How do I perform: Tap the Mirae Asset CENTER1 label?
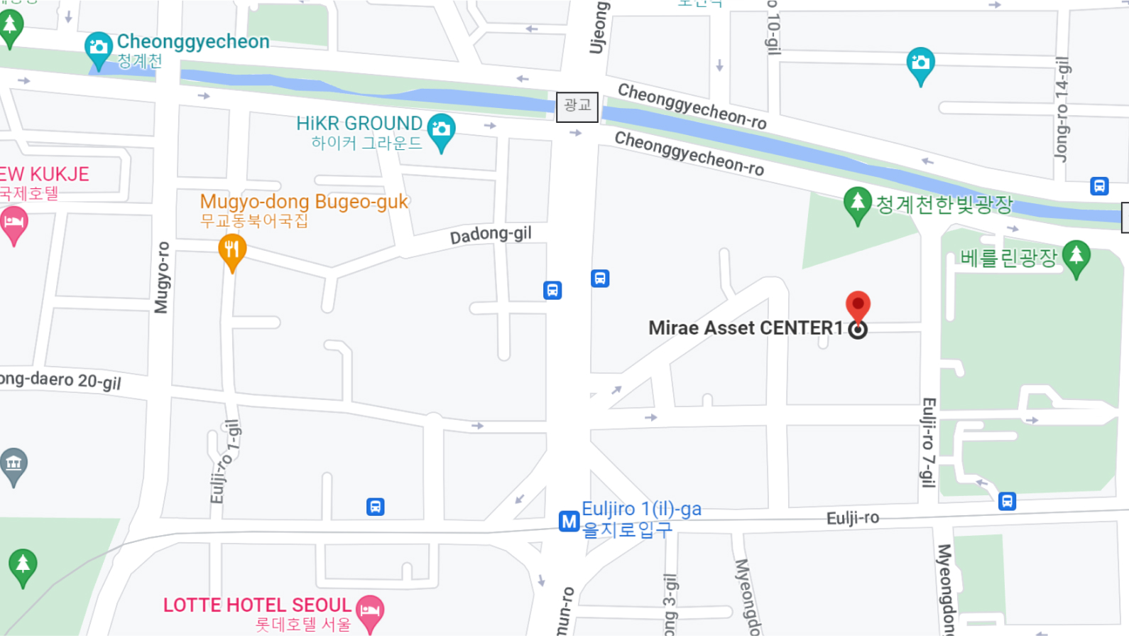[745, 328]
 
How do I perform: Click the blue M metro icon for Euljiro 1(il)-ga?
[569, 522]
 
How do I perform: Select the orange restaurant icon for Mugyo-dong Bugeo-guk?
[232, 251]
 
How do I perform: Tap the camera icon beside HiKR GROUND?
[441, 130]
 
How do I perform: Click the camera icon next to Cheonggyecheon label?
[98, 48]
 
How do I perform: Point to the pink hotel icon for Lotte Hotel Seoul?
[370, 610]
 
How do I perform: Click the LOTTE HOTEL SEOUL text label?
[257, 605]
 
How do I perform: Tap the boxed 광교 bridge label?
[577, 107]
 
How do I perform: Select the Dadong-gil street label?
[491, 235]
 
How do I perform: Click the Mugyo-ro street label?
[163, 277]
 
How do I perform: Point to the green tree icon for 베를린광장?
[1076, 257]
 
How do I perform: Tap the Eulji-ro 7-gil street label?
[928, 442]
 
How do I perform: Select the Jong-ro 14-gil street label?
[1062, 109]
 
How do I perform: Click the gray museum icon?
[13, 465]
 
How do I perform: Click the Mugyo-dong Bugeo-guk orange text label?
[304, 202]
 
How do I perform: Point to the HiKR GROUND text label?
[359, 124]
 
